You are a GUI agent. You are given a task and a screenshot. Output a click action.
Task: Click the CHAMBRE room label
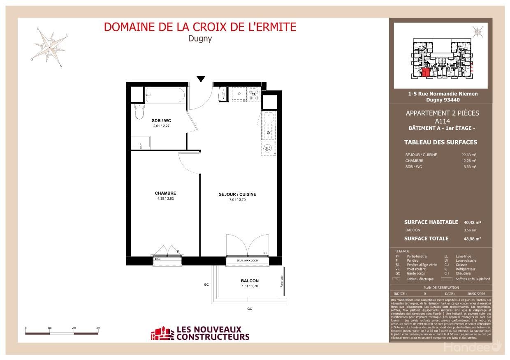[165, 193]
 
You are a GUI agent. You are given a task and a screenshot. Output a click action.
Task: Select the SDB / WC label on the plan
[161, 120]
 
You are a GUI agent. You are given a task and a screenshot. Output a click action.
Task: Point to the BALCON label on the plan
[250, 281]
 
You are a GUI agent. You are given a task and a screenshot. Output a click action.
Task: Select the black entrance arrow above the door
[201, 79]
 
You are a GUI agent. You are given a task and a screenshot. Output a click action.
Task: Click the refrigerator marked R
[239, 94]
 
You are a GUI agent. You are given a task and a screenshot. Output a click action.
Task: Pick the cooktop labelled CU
[254, 94]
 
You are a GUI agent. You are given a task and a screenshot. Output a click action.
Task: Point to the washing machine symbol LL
[268, 148]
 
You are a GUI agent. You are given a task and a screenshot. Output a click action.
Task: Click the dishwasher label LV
[268, 133]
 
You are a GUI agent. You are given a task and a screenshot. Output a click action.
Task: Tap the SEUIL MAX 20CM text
[248, 261]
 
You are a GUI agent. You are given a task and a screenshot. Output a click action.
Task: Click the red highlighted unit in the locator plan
[427, 73]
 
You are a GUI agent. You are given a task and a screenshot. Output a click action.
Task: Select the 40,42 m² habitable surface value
[472, 222]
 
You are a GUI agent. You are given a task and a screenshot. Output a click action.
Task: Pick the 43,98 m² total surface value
[472, 239]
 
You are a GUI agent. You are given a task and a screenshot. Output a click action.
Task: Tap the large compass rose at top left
[51, 46]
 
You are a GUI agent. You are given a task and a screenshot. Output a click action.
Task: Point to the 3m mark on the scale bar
[98, 328]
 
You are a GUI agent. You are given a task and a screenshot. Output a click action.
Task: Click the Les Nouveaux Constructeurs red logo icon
[162, 333]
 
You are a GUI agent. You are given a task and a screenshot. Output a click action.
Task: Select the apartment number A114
[442, 121]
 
